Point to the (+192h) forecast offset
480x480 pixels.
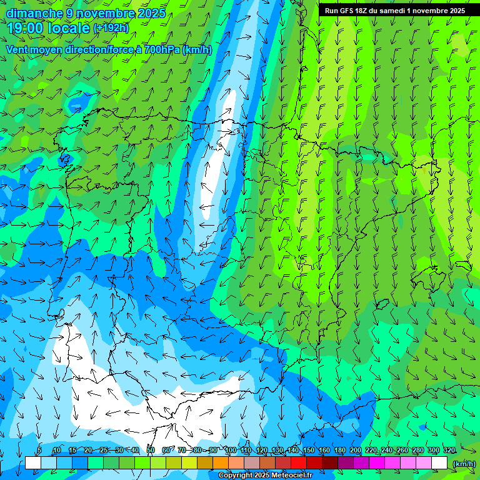(x=111, y=28)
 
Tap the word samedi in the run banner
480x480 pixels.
(x=391, y=11)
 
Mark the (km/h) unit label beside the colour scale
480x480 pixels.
(x=463, y=464)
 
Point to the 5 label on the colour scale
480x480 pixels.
(x=39, y=451)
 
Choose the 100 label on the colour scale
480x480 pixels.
(x=230, y=451)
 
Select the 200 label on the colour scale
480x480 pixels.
(x=356, y=451)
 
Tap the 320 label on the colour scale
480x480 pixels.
(x=449, y=451)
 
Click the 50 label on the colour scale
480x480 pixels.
(x=150, y=451)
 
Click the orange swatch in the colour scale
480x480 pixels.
(x=220, y=463)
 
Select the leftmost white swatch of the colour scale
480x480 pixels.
(x=32, y=463)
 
